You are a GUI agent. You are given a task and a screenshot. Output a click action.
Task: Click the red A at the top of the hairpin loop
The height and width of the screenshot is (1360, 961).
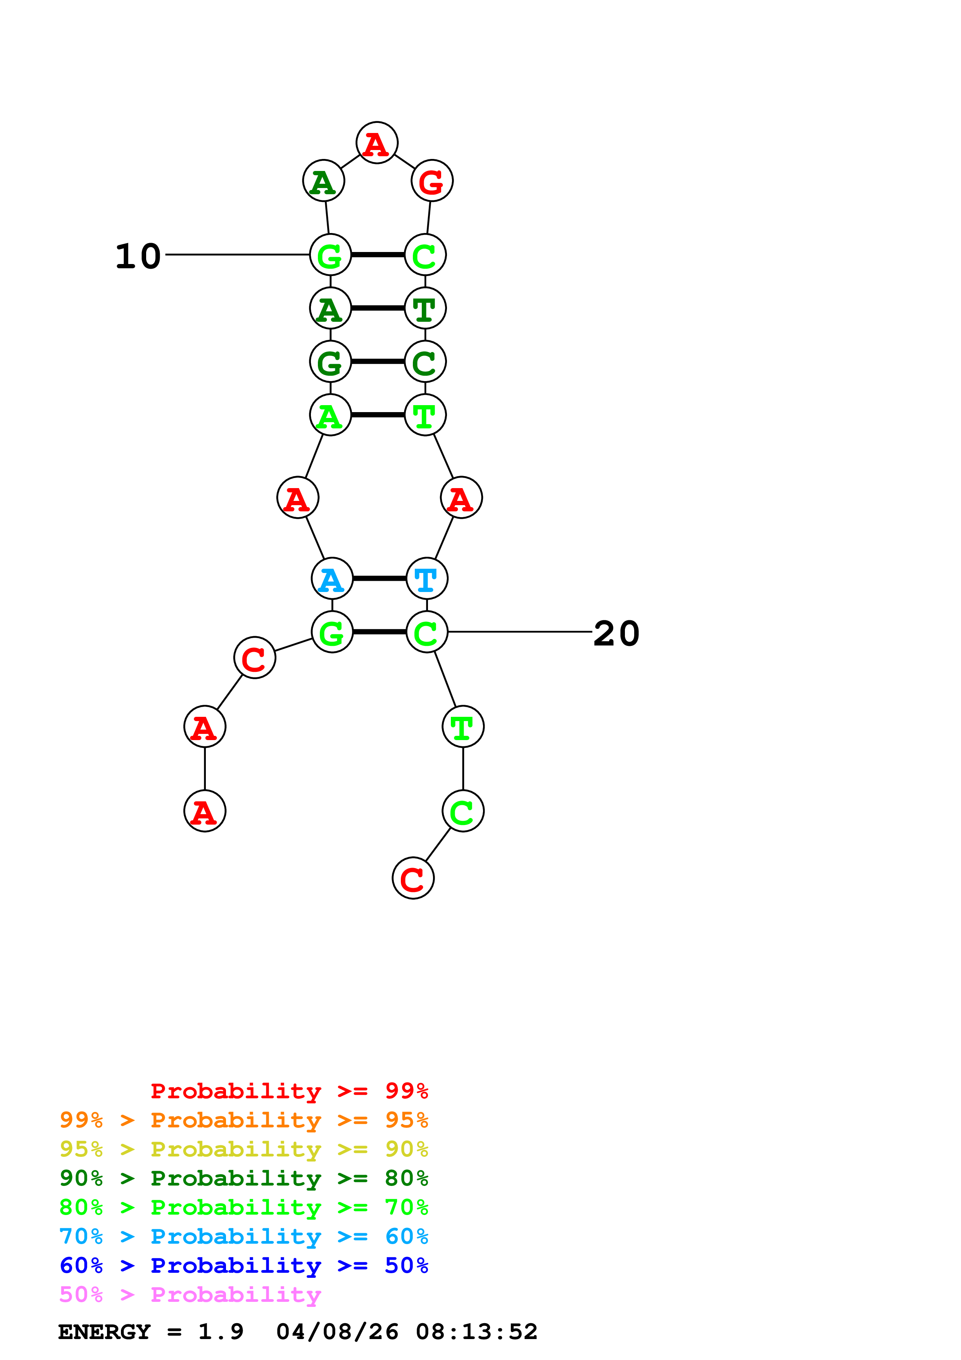tap(376, 143)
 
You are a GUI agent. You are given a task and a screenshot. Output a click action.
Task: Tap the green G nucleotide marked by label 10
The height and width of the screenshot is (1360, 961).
tap(330, 255)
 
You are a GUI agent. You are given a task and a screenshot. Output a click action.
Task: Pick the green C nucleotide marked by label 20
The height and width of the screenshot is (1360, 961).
tap(426, 632)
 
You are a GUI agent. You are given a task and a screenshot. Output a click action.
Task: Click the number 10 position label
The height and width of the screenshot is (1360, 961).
tap(138, 257)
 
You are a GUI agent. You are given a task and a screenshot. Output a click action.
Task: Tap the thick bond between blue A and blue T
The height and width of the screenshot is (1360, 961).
tap(380, 578)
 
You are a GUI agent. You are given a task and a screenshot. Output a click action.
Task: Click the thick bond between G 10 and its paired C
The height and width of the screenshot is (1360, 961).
tap(378, 255)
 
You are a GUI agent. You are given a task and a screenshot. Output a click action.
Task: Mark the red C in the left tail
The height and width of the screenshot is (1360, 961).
tap(255, 658)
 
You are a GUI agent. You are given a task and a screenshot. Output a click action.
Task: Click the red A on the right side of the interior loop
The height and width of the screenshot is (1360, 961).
tap(461, 497)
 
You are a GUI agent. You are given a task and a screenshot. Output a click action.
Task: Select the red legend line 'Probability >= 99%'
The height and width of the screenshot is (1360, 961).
tap(289, 1091)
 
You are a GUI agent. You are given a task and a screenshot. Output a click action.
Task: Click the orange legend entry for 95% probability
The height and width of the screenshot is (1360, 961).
tap(243, 1120)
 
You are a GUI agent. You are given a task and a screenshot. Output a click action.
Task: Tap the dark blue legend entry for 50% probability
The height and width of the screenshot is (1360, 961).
tap(243, 1265)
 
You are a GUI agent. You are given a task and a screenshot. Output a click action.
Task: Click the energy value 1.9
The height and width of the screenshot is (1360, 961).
tap(220, 1332)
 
